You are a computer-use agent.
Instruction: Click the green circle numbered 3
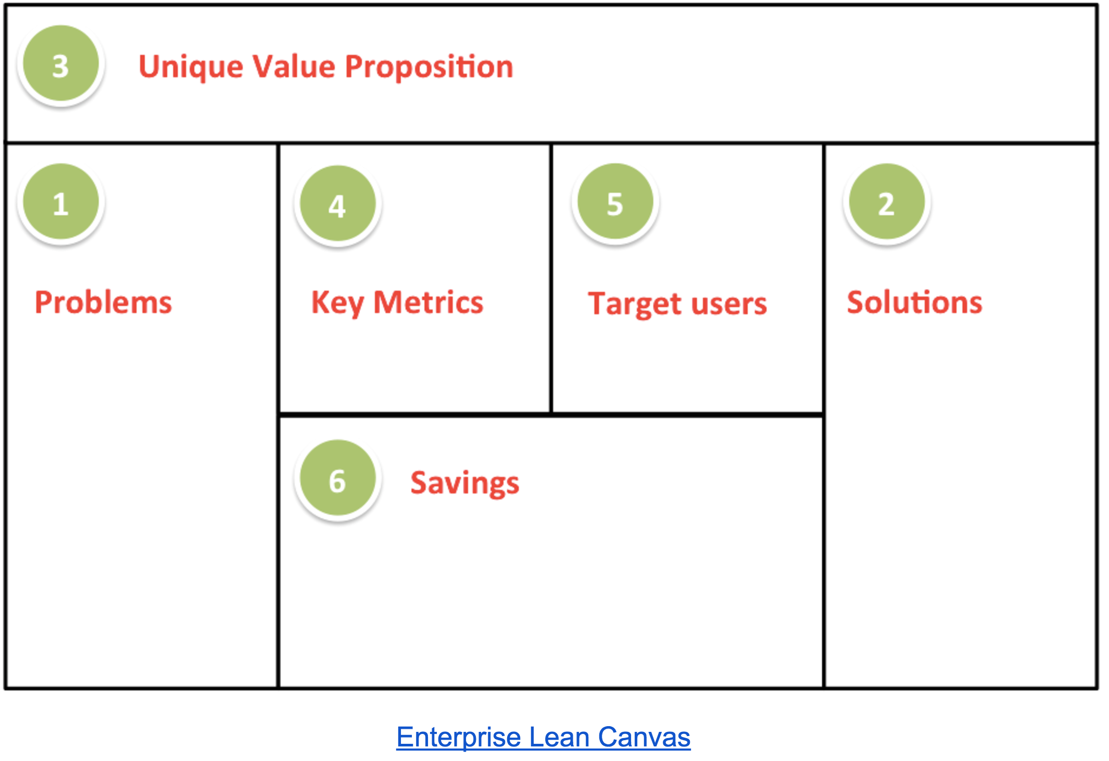(61, 64)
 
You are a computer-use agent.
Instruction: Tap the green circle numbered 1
(61, 201)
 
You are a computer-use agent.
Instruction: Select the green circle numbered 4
(337, 204)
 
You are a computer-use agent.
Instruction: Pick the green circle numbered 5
(615, 201)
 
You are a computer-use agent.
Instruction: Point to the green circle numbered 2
(887, 201)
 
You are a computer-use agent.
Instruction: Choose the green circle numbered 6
(337, 478)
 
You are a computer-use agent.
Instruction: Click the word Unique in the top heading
(191, 68)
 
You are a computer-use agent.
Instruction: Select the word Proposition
(430, 68)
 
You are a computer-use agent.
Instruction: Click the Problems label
(103, 302)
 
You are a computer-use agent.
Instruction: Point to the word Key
(337, 303)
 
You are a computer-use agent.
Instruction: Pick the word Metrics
(429, 302)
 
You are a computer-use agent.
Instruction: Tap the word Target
(634, 305)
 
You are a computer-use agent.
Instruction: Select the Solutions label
(915, 302)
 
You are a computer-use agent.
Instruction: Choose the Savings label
(465, 484)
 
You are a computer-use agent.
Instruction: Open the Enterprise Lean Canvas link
(544, 737)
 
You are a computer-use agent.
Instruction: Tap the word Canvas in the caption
(645, 737)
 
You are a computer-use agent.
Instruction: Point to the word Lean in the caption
(560, 737)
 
